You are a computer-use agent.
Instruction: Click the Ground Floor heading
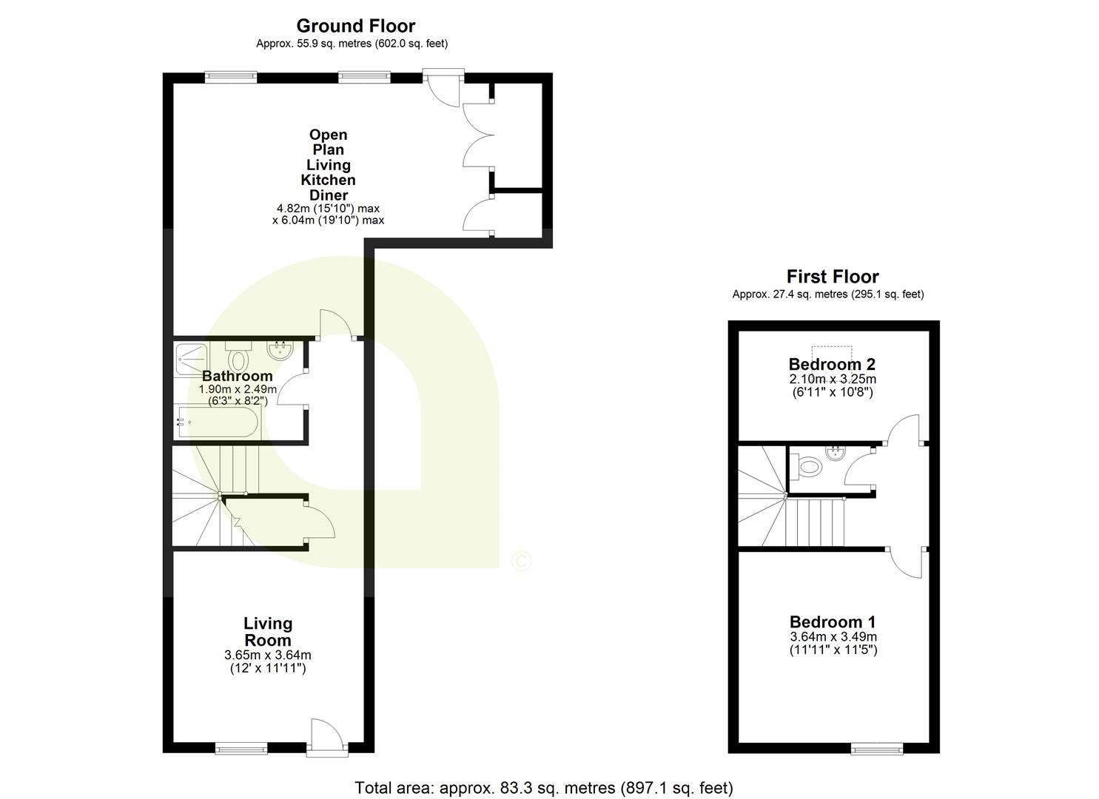pos(356,26)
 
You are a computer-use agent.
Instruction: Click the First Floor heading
pos(832,277)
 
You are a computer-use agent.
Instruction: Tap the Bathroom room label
pos(237,376)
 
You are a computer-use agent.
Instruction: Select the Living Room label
pos(268,632)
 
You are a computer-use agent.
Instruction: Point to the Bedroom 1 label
pos(833,622)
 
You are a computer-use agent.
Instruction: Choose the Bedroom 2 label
pos(832,364)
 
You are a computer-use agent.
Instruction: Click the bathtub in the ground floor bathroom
pos(217,423)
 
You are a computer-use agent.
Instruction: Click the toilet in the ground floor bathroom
pos(238,358)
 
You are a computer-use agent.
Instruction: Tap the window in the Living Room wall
pos(241,749)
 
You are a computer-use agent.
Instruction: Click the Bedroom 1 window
pos(877,749)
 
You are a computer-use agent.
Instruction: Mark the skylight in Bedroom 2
pos(832,350)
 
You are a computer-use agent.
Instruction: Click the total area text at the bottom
pos(544,788)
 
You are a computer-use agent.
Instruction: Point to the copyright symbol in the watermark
pos(521,562)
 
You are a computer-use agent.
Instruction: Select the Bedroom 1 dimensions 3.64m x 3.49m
pos(833,637)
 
